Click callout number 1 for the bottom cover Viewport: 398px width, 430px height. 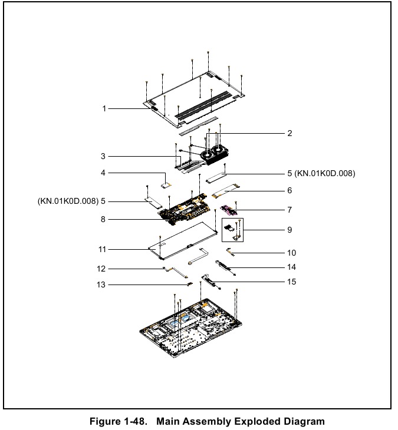tap(104, 108)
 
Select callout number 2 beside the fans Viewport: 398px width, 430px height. tap(290, 134)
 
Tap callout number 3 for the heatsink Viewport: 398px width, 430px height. tap(103, 156)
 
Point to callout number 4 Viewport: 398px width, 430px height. tap(103, 173)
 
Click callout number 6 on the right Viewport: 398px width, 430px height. tap(290, 191)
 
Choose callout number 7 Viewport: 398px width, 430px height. tap(290, 209)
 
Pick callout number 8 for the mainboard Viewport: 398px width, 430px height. tap(103, 219)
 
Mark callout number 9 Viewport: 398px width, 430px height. tap(290, 230)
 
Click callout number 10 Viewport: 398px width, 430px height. tap(291, 253)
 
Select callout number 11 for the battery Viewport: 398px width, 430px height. tap(102, 249)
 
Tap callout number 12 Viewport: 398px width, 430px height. tap(102, 269)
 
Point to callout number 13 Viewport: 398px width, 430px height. tap(102, 286)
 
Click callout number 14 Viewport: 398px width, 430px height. tap(291, 267)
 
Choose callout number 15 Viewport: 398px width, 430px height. tap(291, 282)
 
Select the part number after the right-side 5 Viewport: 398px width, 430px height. tap(325, 173)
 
